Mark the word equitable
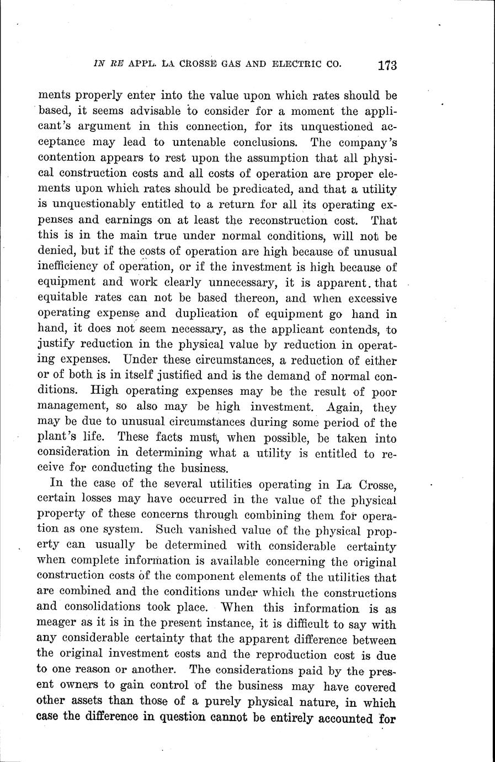coord(66,299)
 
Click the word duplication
coord(207,314)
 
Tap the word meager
coord(57,624)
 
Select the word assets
coord(92,702)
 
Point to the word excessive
coord(369,299)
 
